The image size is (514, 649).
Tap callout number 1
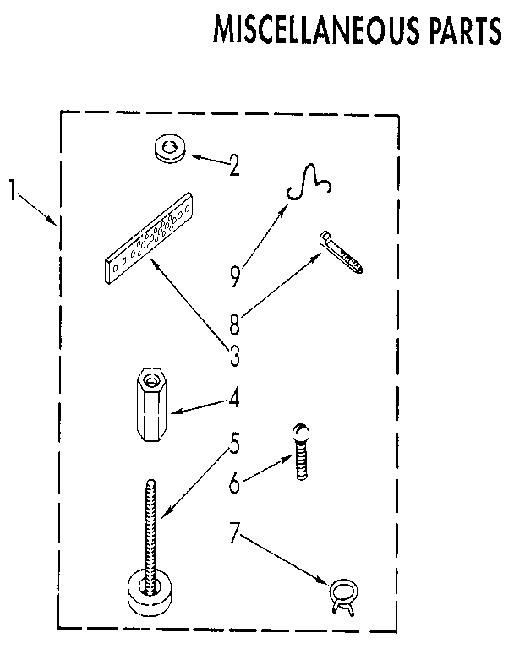[x=14, y=189]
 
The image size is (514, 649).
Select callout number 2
[x=234, y=165]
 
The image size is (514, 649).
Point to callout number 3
[x=235, y=356]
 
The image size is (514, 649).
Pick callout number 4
[x=234, y=397]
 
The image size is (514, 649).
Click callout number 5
[x=235, y=443]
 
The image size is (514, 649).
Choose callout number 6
[x=234, y=483]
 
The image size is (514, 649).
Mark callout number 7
[x=234, y=532]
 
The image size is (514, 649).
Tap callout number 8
[x=234, y=324]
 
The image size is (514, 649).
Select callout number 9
[x=235, y=276]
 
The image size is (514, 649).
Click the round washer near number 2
[x=169, y=148]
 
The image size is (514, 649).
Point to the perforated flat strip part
[x=149, y=238]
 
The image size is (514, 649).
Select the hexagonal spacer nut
[x=151, y=405]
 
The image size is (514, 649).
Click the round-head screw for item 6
[x=302, y=451]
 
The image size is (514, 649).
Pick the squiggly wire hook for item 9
[x=309, y=182]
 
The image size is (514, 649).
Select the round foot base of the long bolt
[x=149, y=592]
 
